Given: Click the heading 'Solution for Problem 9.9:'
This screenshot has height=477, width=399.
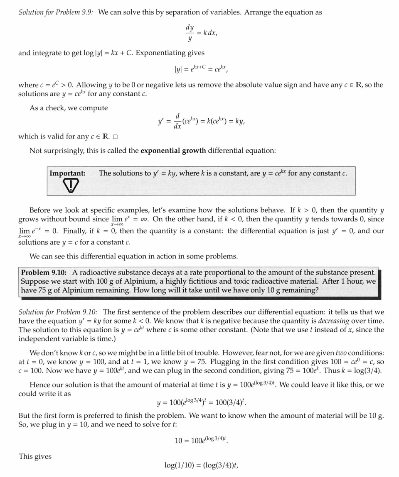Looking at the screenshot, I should [x=56, y=12].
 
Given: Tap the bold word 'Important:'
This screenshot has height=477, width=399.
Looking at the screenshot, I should [x=67, y=173].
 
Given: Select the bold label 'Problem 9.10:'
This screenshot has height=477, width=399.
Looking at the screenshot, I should [x=44, y=273].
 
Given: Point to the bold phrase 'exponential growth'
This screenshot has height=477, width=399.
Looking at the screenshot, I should [x=173, y=150].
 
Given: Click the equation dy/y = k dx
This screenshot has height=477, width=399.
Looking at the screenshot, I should [x=201, y=33].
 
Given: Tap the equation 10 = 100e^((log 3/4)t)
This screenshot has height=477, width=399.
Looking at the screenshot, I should [x=201, y=440].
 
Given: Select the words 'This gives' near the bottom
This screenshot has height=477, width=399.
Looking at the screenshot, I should [x=35, y=456].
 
